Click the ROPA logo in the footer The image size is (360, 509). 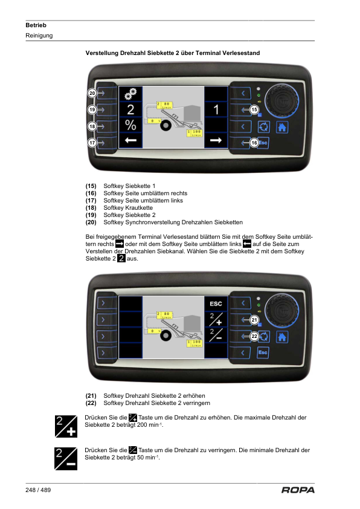pos(298,490)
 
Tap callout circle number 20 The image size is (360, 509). pos(92,93)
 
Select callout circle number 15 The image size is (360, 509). pos(254,110)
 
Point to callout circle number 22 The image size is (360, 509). pos(254,336)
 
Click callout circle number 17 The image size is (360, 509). pos(92,143)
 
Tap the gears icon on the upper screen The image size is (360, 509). pos(130,94)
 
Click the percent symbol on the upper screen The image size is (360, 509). pos(130,125)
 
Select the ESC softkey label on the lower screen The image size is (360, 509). pos(216,304)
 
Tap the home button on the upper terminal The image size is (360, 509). pos(282,127)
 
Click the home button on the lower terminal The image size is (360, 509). pos(282,337)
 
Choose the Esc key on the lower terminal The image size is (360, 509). pos(263,352)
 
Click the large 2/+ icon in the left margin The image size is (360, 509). pos(66,426)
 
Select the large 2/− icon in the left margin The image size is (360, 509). pos(66,459)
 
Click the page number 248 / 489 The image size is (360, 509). pos(38,490)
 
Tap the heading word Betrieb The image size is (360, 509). pos(36,25)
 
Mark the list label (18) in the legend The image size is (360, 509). pos(91,208)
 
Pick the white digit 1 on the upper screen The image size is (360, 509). pos(216,110)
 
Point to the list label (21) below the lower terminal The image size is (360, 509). pos(91,396)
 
